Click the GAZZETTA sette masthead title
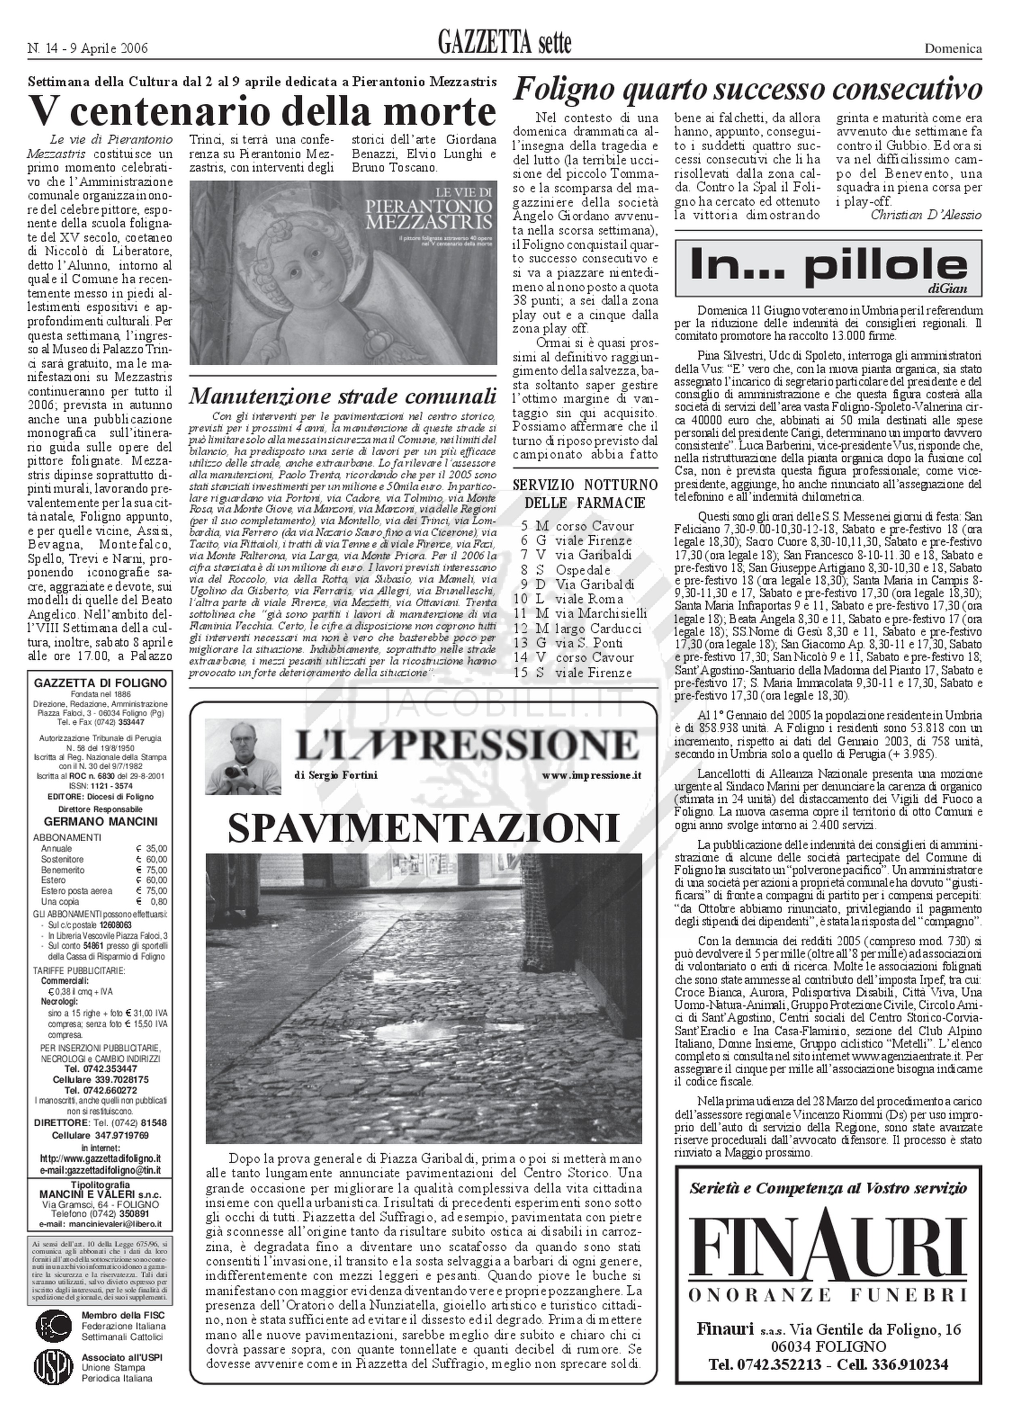click(504, 44)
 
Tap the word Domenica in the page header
click(953, 48)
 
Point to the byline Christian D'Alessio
click(926, 215)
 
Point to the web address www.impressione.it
click(591, 775)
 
